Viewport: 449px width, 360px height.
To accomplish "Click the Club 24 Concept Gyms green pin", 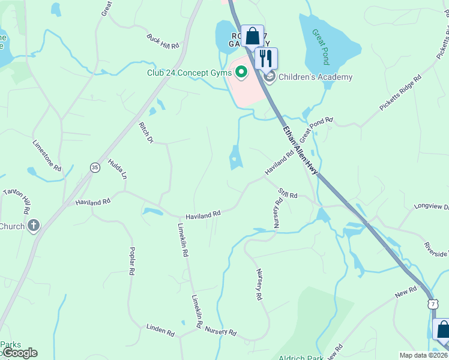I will [x=242, y=73].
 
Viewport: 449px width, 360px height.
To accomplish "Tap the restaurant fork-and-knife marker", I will [x=266, y=58].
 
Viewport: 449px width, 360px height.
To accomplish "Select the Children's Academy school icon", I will [x=270, y=76].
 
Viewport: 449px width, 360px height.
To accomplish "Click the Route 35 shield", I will [x=95, y=167].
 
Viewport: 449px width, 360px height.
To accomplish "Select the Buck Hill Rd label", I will [x=163, y=41].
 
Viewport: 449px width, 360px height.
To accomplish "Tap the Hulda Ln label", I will [x=118, y=169].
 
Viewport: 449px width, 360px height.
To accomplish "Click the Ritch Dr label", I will [x=146, y=132].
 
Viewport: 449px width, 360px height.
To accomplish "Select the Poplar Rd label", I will [x=131, y=261].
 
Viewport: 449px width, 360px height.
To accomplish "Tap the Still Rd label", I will [x=288, y=193].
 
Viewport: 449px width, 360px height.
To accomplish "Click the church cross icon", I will [x=34, y=226].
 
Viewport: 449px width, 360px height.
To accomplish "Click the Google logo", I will [x=19, y=353].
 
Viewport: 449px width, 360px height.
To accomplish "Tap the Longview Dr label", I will [x=431, y=207].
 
